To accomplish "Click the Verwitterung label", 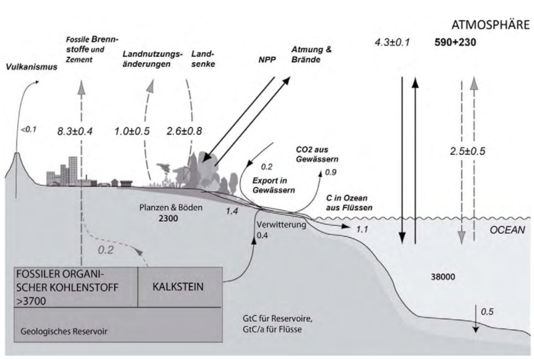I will pos(280,225).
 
